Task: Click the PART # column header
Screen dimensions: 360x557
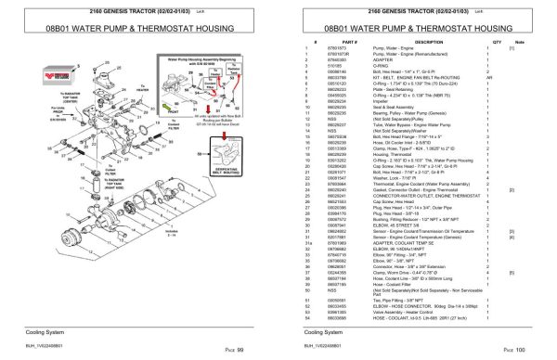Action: pyautogui.click(x=325, y=42)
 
